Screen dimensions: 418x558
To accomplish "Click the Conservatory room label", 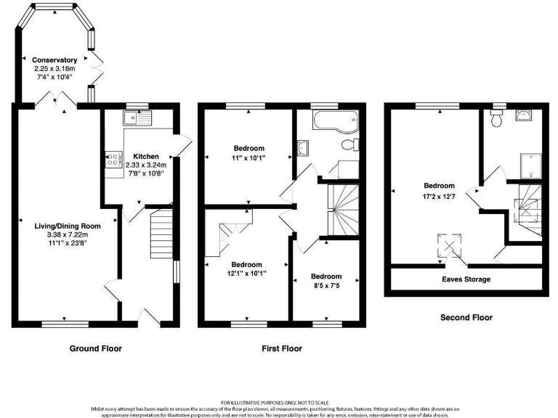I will point(55,60).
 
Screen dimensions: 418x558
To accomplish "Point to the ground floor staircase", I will point(159,233).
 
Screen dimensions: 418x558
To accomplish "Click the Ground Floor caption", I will point(95,348).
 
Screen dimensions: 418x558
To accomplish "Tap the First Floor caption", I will point(282,348).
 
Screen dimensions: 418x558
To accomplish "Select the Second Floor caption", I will point(466,317).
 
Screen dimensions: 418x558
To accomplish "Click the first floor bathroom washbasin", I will point(303,149).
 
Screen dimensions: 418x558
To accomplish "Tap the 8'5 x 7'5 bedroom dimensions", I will point(326,286).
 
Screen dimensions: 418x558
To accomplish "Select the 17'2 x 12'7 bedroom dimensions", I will point(440,195).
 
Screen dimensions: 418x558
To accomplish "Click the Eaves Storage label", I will point(466,279).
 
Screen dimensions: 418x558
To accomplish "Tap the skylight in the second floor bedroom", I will point(446,246).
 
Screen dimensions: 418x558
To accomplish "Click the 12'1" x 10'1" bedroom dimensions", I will point(247,274).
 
